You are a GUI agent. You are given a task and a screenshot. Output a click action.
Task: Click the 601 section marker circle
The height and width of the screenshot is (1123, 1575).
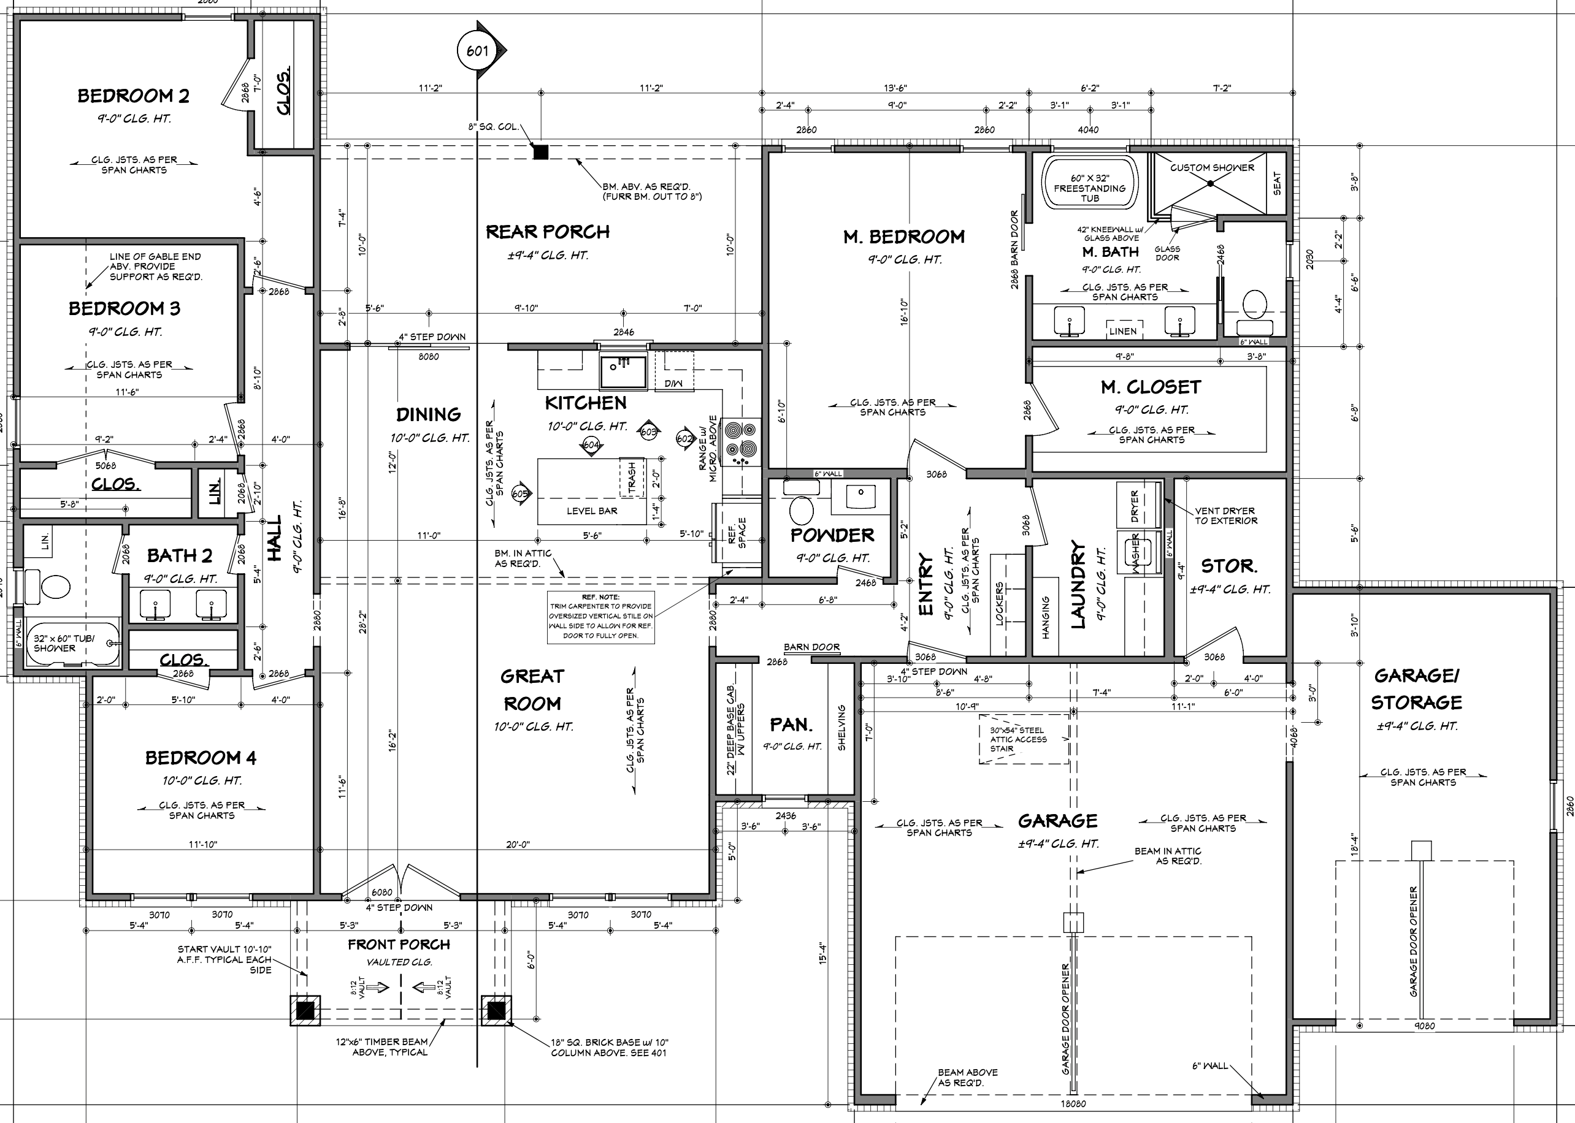[x=477, y=51]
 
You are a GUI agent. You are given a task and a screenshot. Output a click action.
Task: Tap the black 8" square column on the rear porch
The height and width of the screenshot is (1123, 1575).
[x=541, y=152]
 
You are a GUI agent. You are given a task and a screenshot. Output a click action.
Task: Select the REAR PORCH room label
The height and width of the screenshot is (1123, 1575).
[x=547, y=232]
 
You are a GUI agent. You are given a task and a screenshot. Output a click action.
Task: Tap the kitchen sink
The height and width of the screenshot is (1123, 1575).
[x=623, y=371]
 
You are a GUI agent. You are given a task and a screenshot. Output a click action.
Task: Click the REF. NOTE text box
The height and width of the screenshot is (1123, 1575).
[x=600, y=617]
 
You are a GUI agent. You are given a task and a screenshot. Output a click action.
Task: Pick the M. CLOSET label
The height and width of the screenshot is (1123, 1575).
[x=1151, y=387]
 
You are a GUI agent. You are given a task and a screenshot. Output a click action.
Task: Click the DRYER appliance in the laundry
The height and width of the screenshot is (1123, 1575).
[x=1135, y=506]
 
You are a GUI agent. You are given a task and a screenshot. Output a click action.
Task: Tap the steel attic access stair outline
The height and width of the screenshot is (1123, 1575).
[x=1023, y=739]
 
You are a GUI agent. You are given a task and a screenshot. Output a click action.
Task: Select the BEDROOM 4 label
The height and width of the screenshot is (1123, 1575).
[x=201, y=758]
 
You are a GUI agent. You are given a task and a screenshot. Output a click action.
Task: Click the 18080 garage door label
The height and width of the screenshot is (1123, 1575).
[x=1073, y=1103]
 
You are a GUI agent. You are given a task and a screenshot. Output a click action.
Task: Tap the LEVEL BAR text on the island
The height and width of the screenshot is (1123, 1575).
[x=591, y=511]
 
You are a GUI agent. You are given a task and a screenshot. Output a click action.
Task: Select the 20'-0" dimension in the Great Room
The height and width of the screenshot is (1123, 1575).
[x=518, y=844]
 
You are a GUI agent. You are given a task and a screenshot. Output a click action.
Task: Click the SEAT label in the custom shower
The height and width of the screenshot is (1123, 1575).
[x=1277, y=183]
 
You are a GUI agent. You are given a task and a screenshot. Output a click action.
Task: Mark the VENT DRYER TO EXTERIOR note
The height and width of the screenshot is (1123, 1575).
[x=1225, y=516]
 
